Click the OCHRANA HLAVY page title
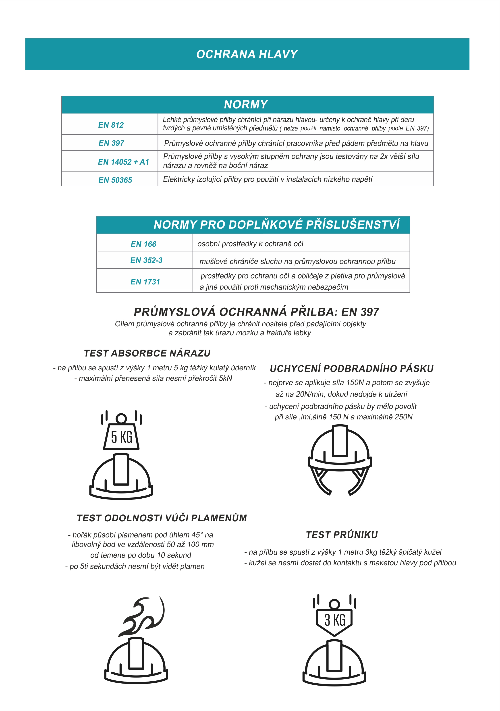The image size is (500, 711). click(x=247, y=54)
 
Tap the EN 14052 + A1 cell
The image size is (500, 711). click(x=123, y=162)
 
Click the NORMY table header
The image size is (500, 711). click(x=246, y=105)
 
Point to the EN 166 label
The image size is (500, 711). click(x=143, y=244)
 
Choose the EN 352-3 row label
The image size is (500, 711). click(x=146, y=260)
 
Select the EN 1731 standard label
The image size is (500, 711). click(x=145, y=282)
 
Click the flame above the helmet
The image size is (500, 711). click(x=143, y=617)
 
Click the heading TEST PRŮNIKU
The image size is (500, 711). click(x=342, y=535)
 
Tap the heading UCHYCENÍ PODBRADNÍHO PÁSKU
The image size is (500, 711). click(x=352, y=369)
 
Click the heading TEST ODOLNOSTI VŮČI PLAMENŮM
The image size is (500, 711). click(x=162, y=518)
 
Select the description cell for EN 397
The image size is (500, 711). click(x=296, y=143)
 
